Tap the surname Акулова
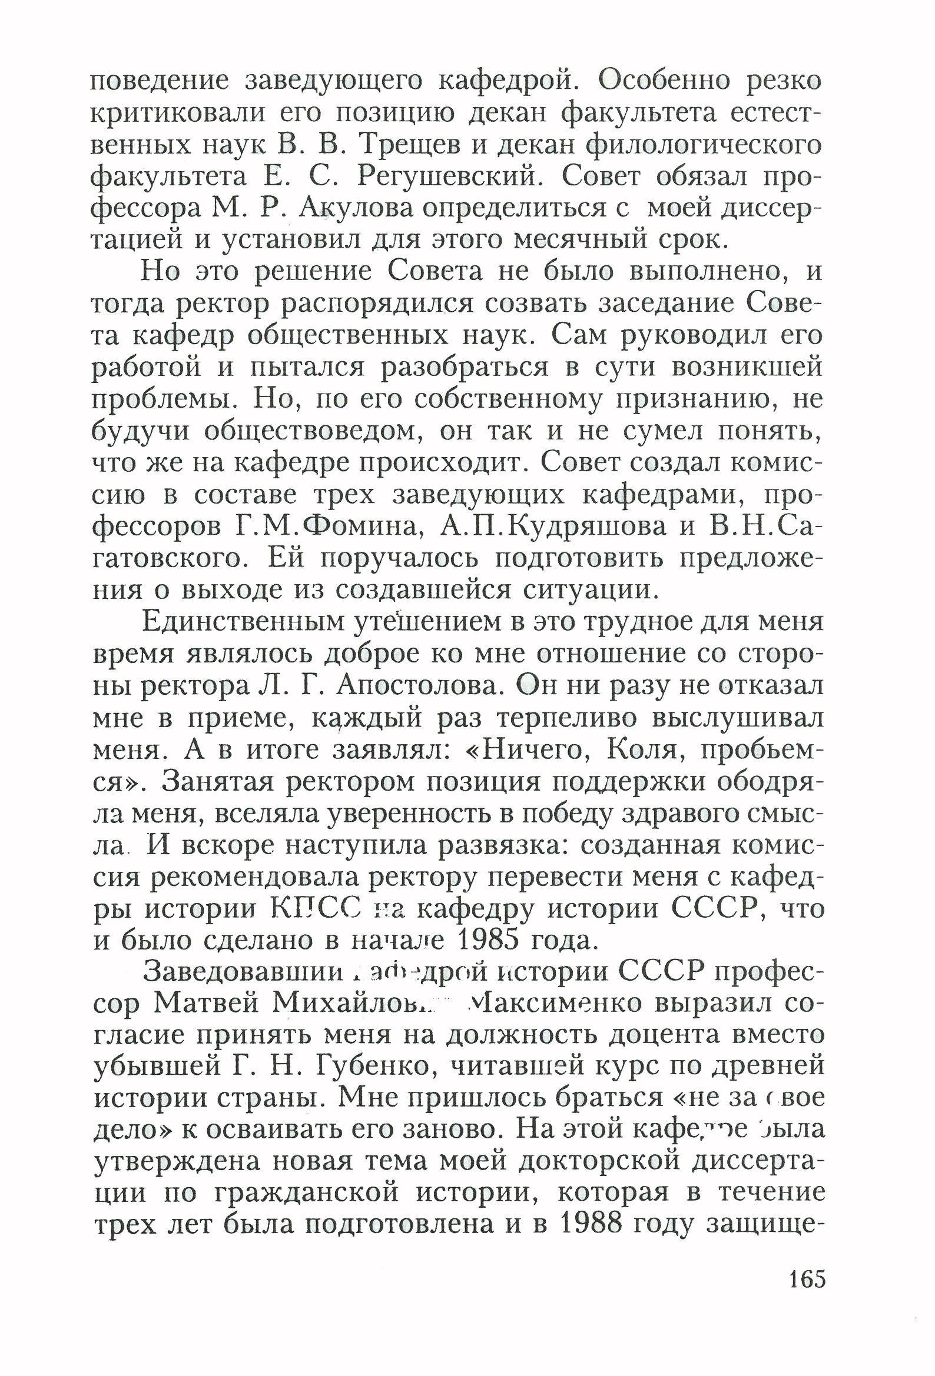tap(356, 208)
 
